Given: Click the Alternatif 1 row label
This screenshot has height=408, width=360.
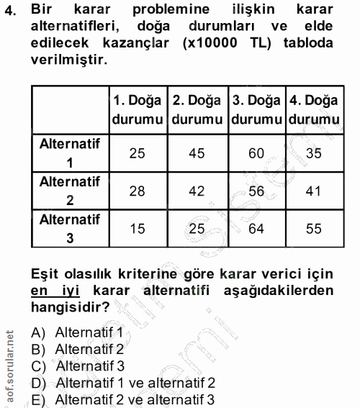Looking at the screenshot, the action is coord(70,153).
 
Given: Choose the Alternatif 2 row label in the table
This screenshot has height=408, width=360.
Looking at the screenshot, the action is coord(70,191).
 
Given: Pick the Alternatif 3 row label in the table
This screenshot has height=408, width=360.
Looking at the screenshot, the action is coord(70,229).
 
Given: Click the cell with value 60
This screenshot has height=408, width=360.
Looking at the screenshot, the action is coord(256,153).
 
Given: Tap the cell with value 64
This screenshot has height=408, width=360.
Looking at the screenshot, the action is coord(256,229).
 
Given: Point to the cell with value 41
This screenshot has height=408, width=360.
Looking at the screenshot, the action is coord(312,191).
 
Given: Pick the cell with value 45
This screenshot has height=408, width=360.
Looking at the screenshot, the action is coord(196,153).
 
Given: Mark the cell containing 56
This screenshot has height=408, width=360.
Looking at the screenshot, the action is coord(256,191).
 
